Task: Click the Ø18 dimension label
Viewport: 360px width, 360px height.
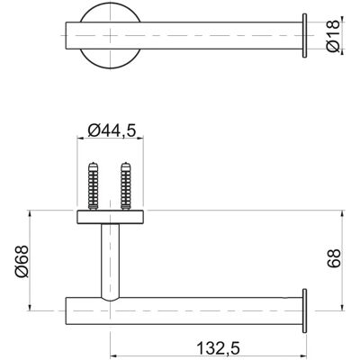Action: click(333, 35)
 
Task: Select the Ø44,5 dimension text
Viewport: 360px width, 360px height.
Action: click(112, 130)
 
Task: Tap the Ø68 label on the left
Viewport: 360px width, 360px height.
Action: click(22, 261)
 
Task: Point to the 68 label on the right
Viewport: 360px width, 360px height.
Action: click(334, 258)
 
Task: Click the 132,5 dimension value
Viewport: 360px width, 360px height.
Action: click(218, 348)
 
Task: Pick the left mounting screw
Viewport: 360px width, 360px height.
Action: click(94, 186)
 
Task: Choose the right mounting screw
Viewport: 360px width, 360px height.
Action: click(126, 186)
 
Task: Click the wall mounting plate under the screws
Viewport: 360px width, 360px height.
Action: click(110, 217)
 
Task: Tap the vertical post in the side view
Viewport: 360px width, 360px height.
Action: click(110, 262)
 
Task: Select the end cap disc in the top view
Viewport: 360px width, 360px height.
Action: click(304, 35)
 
